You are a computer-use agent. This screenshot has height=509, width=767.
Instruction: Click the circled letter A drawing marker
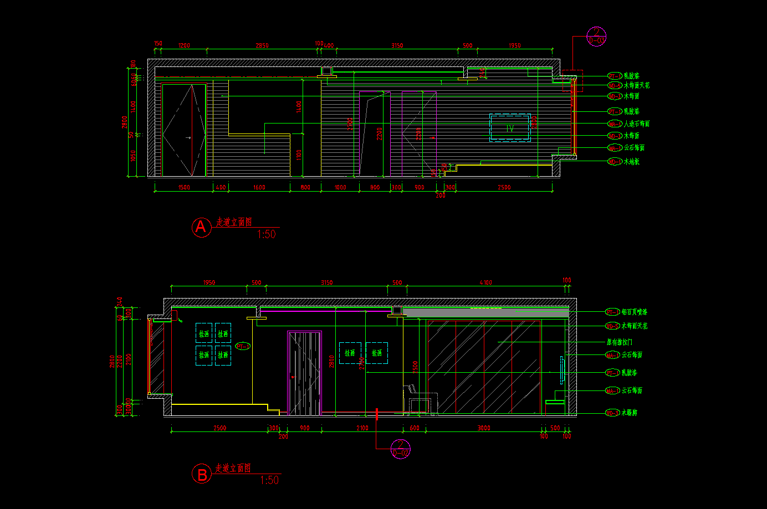[x=201, y=227]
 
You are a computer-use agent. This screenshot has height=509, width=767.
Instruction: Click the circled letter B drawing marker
[x=202, y=474]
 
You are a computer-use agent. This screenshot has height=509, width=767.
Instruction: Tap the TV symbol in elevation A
[x=510, y=128]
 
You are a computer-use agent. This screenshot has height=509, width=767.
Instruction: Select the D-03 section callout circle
[x=597, y=37]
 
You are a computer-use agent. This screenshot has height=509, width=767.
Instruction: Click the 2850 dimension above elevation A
[x=262, y=45]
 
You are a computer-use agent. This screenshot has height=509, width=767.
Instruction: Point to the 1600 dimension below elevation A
[x=259, y=187]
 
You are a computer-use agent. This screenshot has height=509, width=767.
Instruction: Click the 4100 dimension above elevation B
[x=486, y=282]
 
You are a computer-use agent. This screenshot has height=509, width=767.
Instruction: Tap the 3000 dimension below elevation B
[x=484, y=428]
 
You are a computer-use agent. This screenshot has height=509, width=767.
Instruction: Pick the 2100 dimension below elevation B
[x=362, y=428]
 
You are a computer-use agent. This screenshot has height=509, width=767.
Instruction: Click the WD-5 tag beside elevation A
[x=615, y=86]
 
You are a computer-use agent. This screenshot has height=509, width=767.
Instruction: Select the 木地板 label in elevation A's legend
[x=632, y=162]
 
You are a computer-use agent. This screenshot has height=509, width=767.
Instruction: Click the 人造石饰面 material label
[x=637, y=124]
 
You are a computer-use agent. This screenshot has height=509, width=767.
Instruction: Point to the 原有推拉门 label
[x=620, y=342]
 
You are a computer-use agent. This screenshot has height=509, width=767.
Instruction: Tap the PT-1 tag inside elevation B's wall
[x=243, y=346]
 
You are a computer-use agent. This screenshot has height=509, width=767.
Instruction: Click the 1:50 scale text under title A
[x=267, y=234]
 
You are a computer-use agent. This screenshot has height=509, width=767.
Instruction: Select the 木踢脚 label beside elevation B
[x=629, y=413]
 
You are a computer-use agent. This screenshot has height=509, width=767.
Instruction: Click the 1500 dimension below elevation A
[x=184, y=187]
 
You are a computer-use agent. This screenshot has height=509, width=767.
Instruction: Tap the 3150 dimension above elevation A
[x=397, y=45]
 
